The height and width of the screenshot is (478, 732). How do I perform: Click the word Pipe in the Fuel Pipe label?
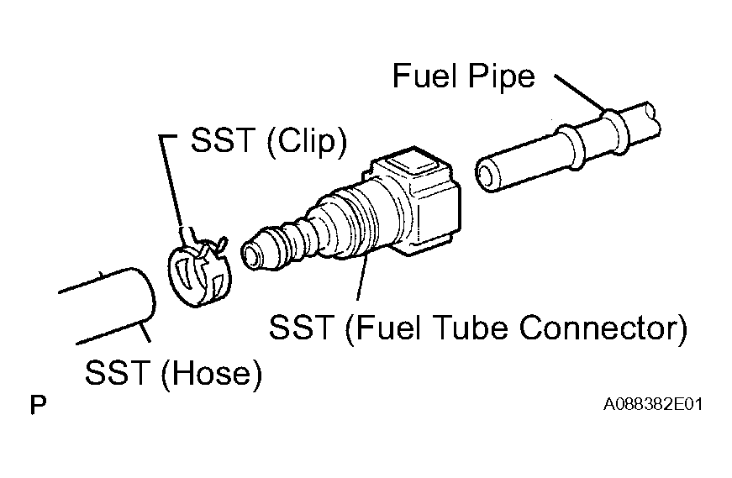[x=501, y=77]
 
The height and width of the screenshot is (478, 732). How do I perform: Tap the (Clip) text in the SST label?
[x=308, y=141]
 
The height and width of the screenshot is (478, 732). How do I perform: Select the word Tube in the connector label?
[x=469, y=328]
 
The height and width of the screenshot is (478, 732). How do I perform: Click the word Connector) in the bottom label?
[x=603, y=328]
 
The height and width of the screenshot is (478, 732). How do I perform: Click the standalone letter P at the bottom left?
[x=38, y=405]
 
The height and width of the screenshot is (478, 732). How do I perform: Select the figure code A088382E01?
[x=653, y=404]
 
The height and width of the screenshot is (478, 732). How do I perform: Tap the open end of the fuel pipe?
[x=488, y=174]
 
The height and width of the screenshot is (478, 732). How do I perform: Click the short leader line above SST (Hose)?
[x=145, y=332]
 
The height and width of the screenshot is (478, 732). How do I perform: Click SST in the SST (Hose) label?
[x=117, y=372]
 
